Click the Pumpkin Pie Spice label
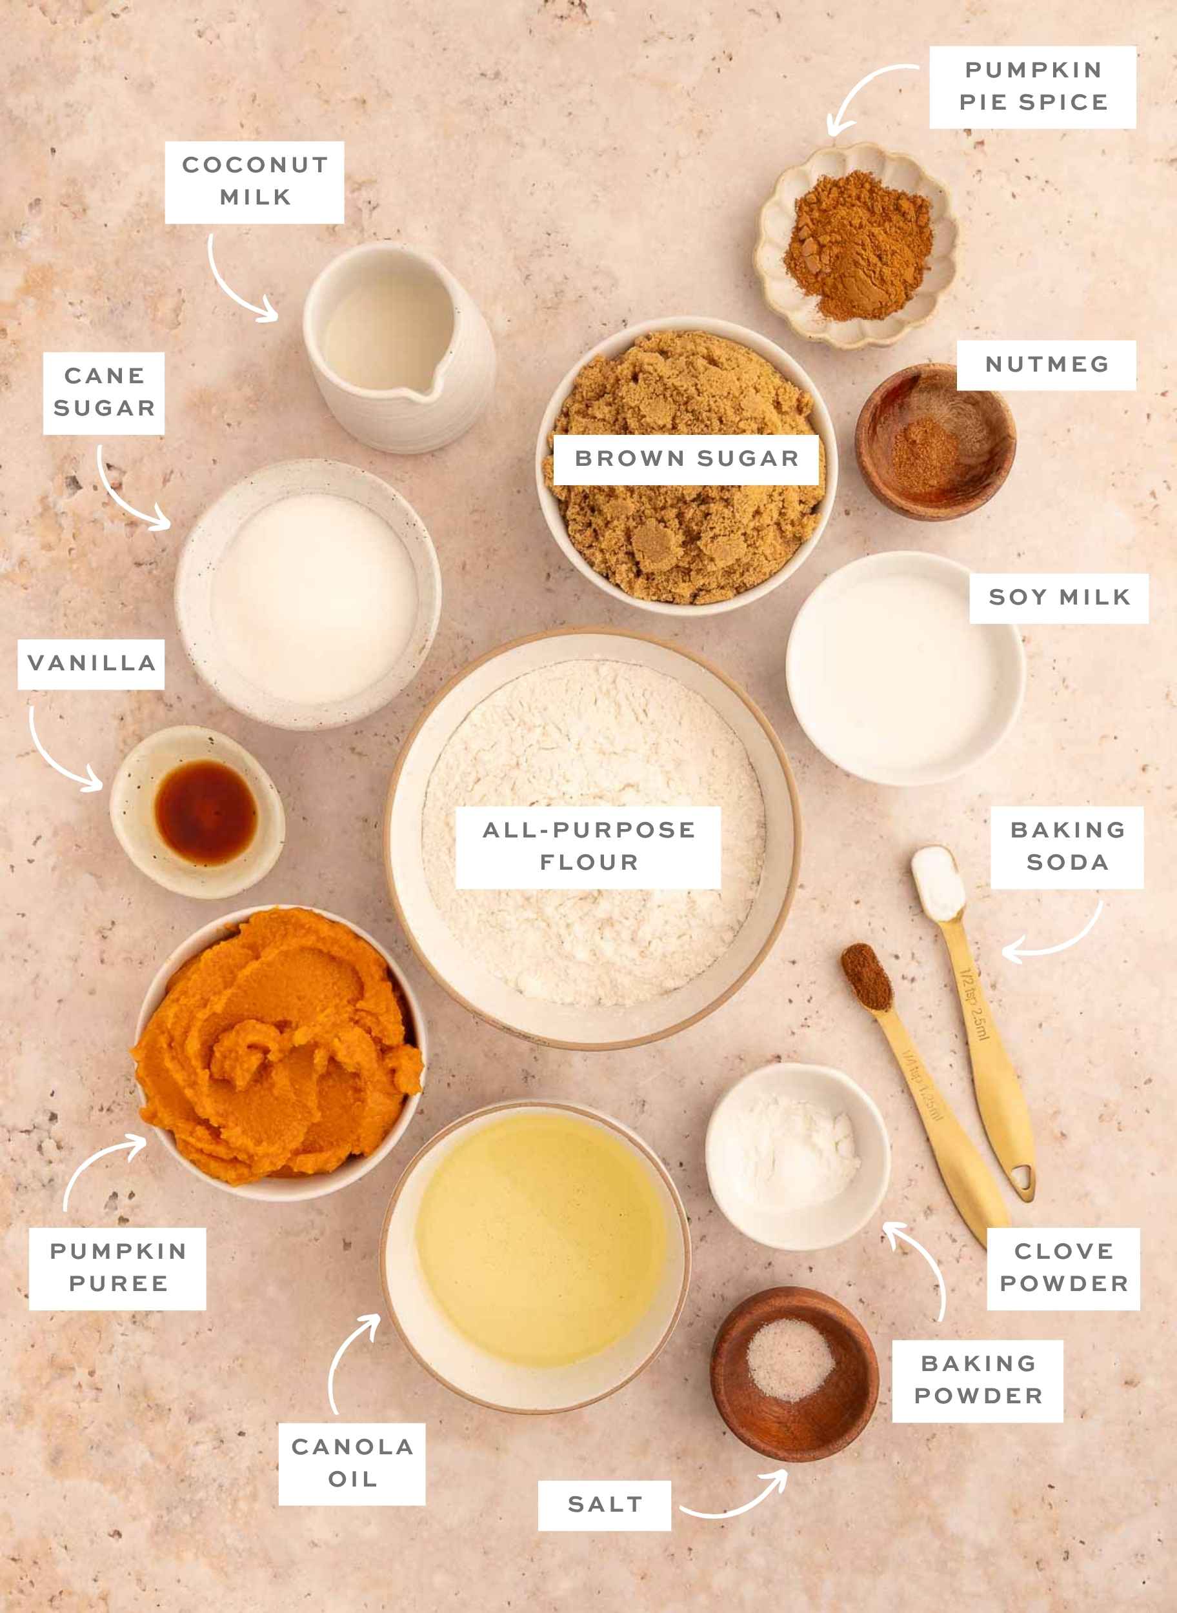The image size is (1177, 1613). click(1032, 86)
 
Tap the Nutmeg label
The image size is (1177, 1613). click(1046, 365)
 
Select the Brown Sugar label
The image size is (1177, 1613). click(686, 459)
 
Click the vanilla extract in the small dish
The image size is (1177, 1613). click(205, 811)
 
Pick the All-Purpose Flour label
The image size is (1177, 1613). click(588, 847)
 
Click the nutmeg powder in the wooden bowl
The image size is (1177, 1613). click(925, 452)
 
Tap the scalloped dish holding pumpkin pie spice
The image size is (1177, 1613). click(856, 246)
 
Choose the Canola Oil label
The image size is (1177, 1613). click(352, 1463)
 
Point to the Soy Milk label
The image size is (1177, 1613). click(1059, 597)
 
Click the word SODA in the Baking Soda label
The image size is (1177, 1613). click(1067, 863)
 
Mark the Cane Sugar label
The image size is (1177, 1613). click(104, 392)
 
